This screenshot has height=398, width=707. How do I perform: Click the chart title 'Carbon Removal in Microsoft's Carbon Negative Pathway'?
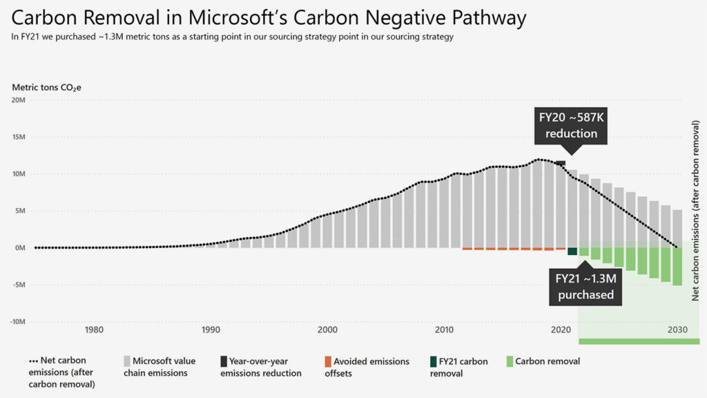pyautogui.click(x=269, y=17)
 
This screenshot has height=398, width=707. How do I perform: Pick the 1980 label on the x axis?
pyautogui.click(x=94, y=330)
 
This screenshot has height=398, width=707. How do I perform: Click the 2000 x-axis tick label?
pyautogui.click(x=327, y=330)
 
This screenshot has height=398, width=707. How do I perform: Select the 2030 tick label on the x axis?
pyautogui.click(x=677, y=330)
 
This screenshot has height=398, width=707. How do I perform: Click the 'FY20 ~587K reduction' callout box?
pyautogui.click(x=570, y=126)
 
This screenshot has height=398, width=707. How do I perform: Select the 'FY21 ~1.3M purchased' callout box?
pyautogui.click(x=585, y=286)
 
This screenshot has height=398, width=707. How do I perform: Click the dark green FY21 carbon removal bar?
pyautogui.click(x=572, y=252)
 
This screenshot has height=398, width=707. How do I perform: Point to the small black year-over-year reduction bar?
pyautogui.click(x=560, y=163)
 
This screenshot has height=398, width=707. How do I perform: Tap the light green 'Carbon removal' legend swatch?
pyautogui.click(x=510, y=361)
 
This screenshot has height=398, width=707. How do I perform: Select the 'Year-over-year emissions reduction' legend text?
pyautogui.click(x=260, y=367)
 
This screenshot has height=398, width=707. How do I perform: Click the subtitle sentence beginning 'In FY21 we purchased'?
pyautogui.click(x=232, y=37)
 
